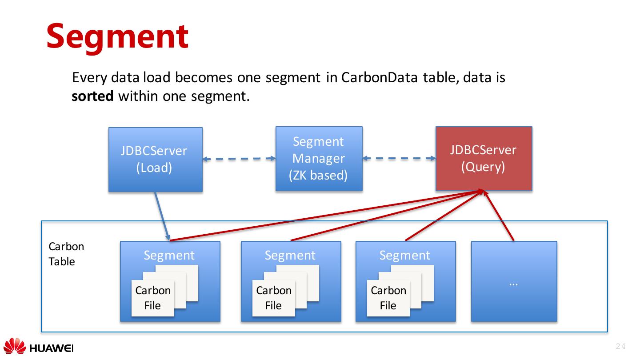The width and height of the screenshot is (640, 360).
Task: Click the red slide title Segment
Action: [117, 36]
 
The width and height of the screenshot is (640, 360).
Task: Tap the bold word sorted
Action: [92, 96]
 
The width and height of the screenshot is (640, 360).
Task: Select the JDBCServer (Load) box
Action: [155, 160]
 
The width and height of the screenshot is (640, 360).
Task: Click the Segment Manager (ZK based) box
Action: [319, 159]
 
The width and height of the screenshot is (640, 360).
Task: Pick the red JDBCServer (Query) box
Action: [484, 158]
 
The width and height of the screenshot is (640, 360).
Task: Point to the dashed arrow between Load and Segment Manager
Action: [239, 159]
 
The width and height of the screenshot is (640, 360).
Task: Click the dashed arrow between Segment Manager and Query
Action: [399, 158]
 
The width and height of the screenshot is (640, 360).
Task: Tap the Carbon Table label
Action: [66, 254]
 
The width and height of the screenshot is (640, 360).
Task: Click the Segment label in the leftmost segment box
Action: [169, 255]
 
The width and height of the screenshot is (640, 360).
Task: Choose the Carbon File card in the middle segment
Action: [273, 298]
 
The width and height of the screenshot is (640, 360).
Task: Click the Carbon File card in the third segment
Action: [388, 298]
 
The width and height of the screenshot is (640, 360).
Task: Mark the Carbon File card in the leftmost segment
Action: [152, 298]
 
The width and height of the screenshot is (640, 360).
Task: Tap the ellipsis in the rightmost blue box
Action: [513, 283]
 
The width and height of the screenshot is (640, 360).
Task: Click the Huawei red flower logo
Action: [15, 346]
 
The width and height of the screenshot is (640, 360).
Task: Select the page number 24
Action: [620, 347]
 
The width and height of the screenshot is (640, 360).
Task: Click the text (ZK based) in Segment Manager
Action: [318, 175]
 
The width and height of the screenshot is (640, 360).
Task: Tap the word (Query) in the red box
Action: [483, 167]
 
